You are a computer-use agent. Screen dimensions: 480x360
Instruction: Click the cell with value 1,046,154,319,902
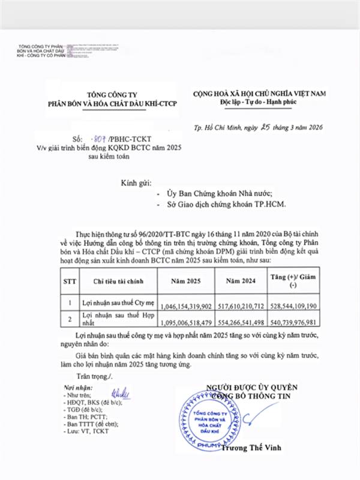pos(187,305)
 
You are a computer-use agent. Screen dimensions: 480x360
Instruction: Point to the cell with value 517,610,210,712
pos(241,305)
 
